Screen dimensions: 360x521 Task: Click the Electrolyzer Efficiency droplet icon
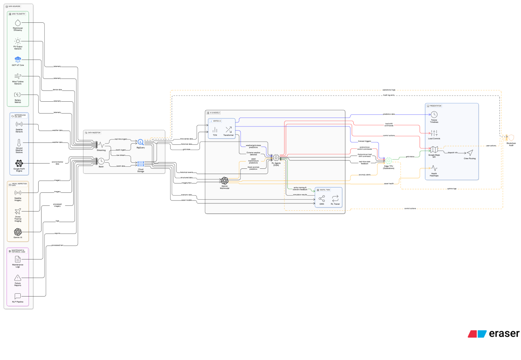(18, 22)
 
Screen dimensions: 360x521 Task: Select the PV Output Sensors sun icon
(18, 41)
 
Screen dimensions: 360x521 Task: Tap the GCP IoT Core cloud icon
(18, 59)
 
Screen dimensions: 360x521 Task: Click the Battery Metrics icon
(18, 95)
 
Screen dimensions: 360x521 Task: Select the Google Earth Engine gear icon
(19, 164)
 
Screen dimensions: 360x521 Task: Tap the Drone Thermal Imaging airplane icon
(18, 212)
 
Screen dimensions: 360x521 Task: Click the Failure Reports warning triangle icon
(18, 278)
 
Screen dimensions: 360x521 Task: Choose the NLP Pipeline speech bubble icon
(18, 296)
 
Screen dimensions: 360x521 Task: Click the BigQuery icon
(140, 142)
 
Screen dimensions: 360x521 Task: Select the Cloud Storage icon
(140, 164)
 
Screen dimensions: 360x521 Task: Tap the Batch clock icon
(101, 161)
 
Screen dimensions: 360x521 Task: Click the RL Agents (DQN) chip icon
(276, 157)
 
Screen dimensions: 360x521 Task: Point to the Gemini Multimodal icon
(224, 181)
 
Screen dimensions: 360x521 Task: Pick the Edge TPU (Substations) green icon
(389, 161)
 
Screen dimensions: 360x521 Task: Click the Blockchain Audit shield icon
(511, 138)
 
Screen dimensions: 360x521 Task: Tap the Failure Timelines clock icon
(434, 115)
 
